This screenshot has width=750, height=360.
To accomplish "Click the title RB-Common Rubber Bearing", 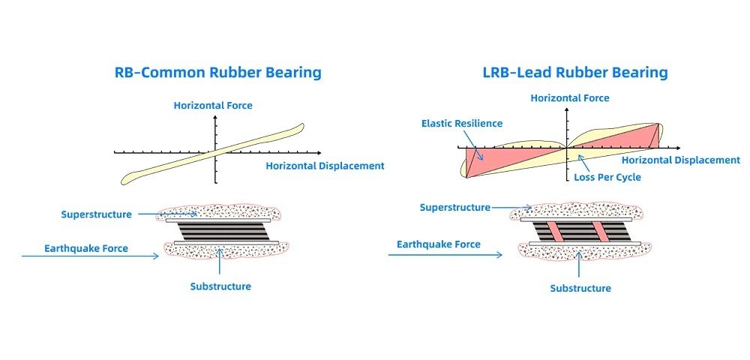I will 217,73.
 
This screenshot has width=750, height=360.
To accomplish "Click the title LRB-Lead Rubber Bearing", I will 575,73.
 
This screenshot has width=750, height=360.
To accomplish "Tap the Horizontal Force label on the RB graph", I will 214,106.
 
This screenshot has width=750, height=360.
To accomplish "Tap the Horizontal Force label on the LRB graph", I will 569,97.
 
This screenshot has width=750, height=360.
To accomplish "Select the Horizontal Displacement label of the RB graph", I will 325,166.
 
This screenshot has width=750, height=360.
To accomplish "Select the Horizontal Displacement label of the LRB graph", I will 680,160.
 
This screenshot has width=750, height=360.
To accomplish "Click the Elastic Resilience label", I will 462,123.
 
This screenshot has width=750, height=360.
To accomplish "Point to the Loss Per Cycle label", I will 607,178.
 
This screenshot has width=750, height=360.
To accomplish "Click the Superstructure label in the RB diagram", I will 96,214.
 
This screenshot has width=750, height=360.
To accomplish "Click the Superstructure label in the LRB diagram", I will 454,207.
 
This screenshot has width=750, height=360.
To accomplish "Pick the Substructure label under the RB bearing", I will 220,286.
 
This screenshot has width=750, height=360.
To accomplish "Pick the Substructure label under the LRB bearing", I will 580,288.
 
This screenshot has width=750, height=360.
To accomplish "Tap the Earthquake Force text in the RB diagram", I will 85,248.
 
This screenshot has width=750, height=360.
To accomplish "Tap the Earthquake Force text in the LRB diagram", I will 438,244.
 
